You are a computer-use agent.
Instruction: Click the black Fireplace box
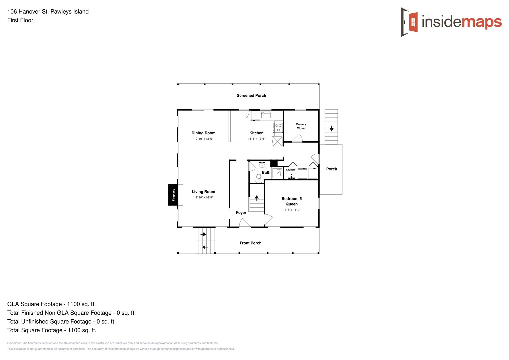173,195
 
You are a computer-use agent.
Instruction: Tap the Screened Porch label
251,95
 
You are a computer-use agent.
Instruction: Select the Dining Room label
203,133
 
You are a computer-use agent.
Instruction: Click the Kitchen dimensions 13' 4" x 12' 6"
256,139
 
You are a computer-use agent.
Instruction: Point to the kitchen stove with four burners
278,128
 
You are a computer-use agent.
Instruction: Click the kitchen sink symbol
265,115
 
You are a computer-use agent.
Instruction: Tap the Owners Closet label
301,126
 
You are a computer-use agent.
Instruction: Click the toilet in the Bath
259,177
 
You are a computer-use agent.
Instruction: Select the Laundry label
291,170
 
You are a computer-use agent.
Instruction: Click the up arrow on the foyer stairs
257,198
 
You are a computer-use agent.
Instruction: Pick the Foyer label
241,213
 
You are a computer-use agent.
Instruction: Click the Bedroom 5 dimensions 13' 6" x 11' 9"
292,210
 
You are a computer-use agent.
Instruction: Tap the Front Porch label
251,243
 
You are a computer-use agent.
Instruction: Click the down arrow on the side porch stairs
331,128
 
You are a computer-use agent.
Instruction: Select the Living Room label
203,192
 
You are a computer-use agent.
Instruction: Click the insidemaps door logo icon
409,22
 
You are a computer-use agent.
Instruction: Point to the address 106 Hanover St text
48,12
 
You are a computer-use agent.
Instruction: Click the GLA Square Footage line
51,304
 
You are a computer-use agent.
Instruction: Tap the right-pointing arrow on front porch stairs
203,234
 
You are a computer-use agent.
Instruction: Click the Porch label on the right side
331,169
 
